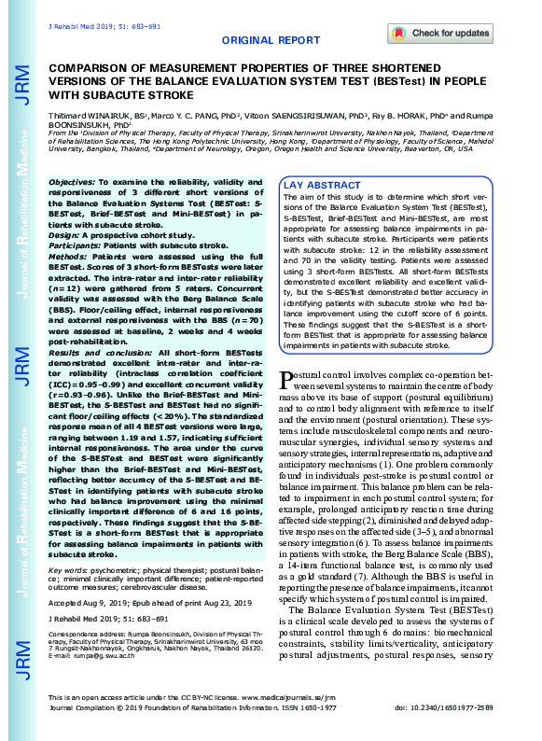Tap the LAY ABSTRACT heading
coord(321,186)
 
